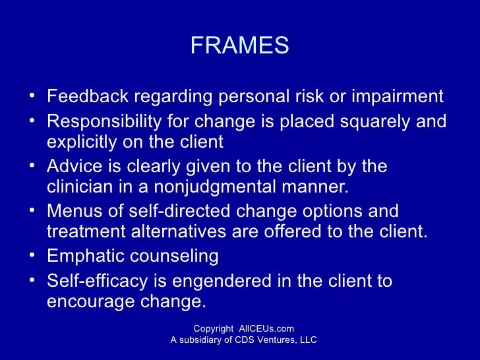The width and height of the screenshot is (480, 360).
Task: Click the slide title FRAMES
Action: (239, 45)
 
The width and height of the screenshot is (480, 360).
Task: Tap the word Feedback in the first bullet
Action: (88, 97)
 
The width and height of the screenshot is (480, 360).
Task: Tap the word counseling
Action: (177, 256)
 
